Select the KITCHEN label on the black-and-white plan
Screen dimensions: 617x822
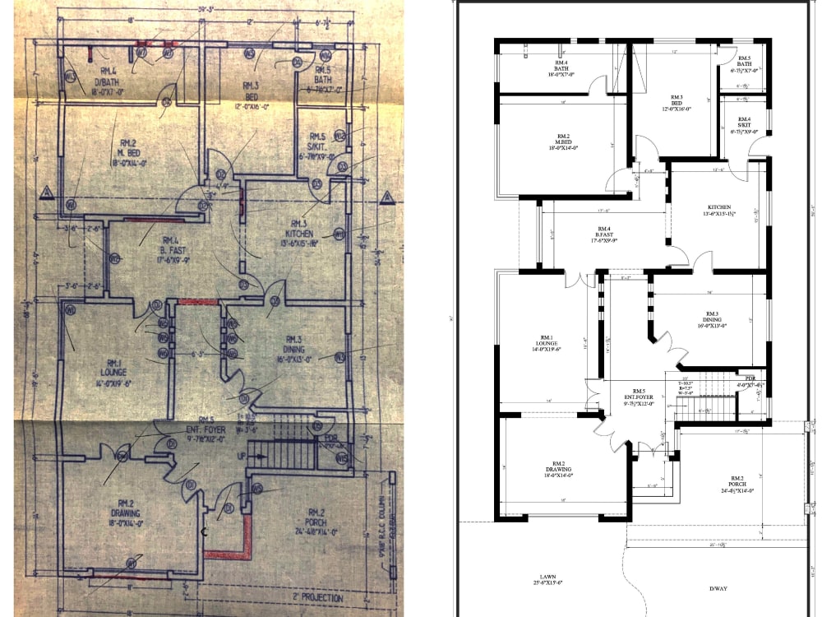tap(719, 207)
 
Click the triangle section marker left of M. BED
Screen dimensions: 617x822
tap(46, 194)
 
